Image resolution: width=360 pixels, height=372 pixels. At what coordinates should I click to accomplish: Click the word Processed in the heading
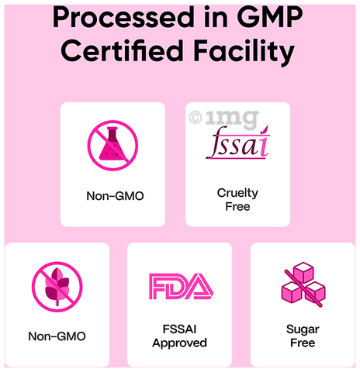(123, 18)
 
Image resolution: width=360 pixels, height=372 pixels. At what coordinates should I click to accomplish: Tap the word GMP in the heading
(270, 17)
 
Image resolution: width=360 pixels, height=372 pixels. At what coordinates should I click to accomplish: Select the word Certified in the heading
(122, 50)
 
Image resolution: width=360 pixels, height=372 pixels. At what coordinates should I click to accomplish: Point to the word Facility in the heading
(244, 53)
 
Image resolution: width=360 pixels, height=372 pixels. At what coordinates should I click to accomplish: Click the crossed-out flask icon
(112, 146)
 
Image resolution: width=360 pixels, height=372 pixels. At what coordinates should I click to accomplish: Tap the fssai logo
(238, 143)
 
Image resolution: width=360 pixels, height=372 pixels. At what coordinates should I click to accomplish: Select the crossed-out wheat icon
(57, 287)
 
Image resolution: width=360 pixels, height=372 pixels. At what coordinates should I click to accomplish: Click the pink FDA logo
(181, 287)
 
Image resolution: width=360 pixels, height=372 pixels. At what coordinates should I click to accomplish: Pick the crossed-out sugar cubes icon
(303, 284)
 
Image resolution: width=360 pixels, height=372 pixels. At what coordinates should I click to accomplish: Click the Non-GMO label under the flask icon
(115, 196)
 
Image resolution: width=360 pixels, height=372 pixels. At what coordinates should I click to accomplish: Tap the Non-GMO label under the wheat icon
(57, 336)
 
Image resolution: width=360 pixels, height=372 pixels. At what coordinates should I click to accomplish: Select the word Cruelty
(237, 193)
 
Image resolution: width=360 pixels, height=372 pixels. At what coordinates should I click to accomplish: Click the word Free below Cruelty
(237, 207)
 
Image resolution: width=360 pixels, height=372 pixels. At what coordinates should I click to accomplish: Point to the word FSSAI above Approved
(179, 329)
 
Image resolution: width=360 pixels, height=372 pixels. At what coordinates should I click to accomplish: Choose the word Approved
(179, 343)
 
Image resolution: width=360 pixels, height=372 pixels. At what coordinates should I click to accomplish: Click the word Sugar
(303, 329)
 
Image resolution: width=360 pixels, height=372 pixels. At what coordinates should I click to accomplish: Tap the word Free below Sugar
(303, 343)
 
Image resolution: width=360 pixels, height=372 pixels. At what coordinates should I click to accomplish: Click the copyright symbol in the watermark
(196, 118)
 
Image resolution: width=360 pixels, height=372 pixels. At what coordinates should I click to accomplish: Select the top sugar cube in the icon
(303, 272)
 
